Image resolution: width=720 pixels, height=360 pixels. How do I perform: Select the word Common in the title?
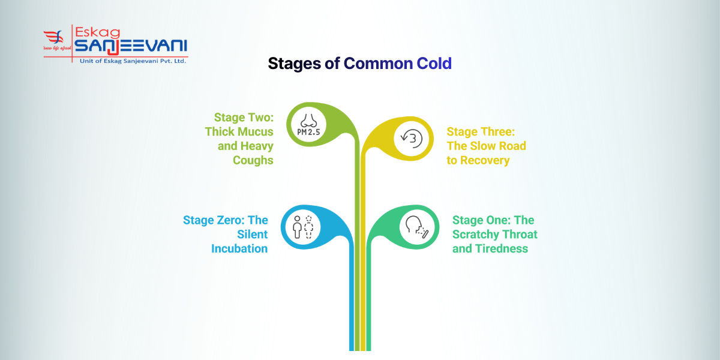(377, 63)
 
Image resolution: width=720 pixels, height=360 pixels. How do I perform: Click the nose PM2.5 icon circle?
(308, 125)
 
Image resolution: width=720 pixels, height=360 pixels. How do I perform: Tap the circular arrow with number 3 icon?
(412, 139)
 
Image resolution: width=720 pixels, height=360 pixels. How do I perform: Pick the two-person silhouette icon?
(302, 227)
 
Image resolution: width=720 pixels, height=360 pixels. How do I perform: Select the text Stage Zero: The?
(225, 220)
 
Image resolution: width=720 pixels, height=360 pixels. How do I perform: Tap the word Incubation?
(239, 248)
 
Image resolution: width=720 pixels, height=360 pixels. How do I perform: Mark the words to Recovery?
(478, 160)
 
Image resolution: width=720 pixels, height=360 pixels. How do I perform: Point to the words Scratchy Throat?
(495, 234)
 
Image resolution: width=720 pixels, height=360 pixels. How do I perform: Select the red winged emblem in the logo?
(55, 40)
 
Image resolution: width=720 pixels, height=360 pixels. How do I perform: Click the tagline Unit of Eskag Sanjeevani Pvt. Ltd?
(129, 61)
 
